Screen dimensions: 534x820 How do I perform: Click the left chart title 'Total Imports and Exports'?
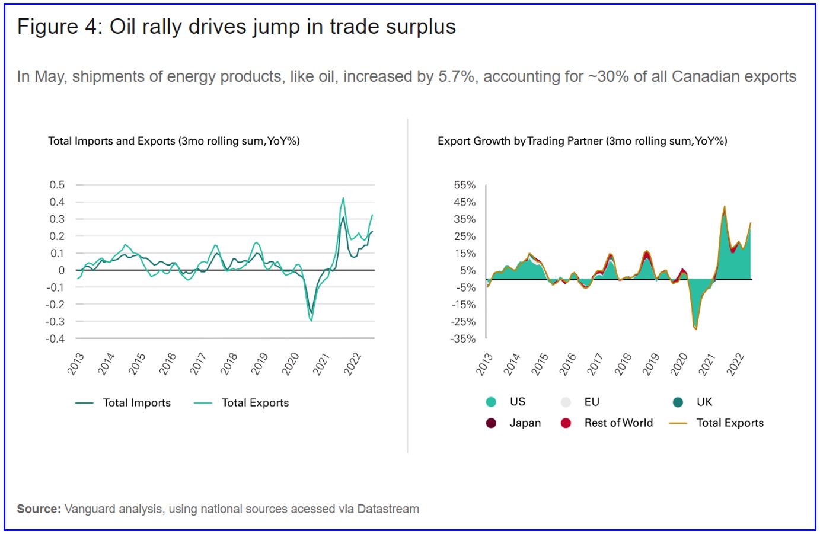[x=111, y=141]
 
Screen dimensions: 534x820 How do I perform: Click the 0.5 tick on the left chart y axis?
[x=57, y=185]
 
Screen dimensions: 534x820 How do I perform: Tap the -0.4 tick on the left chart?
[x=55, y=338]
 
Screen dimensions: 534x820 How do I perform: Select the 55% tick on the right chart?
[x=465, y=185]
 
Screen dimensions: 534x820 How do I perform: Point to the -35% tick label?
[x=464, y=338]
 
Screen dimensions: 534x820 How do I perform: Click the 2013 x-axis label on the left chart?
[x=76, y=363]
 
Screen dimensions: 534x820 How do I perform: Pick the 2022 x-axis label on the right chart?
[x=735, y=363]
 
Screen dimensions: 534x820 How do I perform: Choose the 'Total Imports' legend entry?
[x=136, y=403]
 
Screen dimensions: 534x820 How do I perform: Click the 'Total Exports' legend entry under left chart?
[x=255, y=403]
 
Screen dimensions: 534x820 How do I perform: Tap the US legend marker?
[x=491, y=402]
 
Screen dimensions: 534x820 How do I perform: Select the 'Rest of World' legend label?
[x=618, y=423]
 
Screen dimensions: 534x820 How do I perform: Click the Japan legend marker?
[x=491, y=423]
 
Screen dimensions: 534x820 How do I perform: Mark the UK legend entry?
[x=704, y=402]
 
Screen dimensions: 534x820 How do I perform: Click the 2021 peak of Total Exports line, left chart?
[x=343, y=198]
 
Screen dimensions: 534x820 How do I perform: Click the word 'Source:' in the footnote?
[x=39, y=509]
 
